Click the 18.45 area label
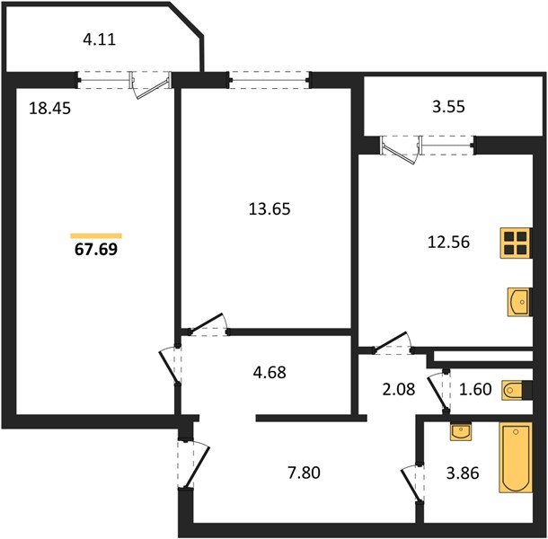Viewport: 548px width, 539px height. (49, 108)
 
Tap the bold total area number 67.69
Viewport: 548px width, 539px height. (96, 249)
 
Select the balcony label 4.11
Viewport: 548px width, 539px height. (99, 40)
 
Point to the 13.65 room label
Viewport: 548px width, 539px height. (270, 208)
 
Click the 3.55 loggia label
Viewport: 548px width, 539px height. (448, 107)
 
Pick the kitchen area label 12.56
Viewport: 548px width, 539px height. (449, 242)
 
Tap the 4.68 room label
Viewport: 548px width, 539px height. (270, 372)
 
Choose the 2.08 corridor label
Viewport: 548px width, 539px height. (399, 389)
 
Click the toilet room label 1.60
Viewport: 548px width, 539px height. (475, 389)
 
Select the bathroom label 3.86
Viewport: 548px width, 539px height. (463, 473)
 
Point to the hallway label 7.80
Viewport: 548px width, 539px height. (304, 473)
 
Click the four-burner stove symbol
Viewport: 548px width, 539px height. (516, 243)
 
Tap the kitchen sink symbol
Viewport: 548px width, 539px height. (519, 302)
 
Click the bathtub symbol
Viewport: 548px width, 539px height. (516, 457)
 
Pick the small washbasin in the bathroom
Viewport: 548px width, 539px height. (461, 432)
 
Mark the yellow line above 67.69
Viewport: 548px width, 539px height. (96, 236)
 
